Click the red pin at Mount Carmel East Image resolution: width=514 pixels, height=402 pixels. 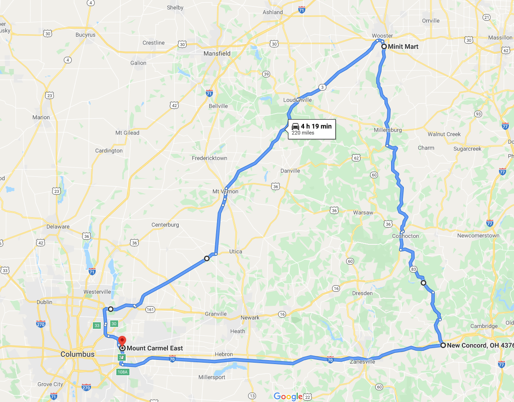pos(122,341)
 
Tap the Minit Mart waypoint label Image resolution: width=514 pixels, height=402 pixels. pos(403,47)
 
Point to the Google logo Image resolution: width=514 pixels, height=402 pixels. pos(288,396)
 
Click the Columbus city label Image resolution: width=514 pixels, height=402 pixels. pos(77,354)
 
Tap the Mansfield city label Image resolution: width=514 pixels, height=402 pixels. pos(217,53)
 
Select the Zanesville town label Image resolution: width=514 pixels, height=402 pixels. pos(363,362)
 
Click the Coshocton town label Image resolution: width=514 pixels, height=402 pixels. pos(406,236)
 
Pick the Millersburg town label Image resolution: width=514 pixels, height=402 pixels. pos(388,130)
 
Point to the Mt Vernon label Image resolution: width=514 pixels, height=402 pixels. pos(225,191)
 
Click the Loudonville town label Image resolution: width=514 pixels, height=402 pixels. pos(297,100)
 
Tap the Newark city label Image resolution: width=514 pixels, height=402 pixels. pos(250,318)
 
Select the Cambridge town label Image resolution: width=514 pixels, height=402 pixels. pos(484,326)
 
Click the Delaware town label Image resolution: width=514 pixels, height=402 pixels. pos(58,227)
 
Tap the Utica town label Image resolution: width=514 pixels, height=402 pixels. pos(235,251)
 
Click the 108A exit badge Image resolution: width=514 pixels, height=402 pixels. pos(122,372)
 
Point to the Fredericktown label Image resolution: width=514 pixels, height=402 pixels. pos(209,158)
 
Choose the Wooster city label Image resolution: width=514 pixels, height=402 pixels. pos(382,36)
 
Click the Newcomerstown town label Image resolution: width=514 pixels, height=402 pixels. pos(478,236)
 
